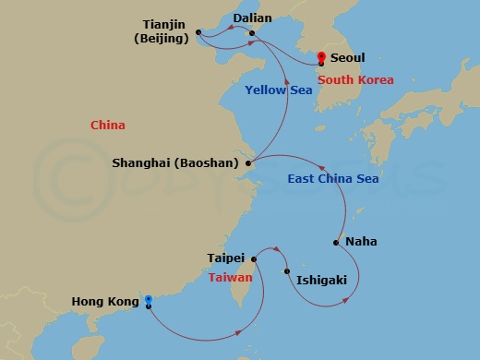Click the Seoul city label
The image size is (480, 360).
pos(347,57)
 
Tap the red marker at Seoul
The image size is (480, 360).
pos(320,58)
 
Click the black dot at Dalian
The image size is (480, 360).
pos(253,33)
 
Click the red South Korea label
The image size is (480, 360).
pos(356,80)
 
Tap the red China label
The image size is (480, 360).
pos(108,125)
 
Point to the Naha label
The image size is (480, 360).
pos(361,242)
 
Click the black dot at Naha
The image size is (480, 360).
pos(337,243)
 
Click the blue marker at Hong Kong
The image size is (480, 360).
pos(148,300)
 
